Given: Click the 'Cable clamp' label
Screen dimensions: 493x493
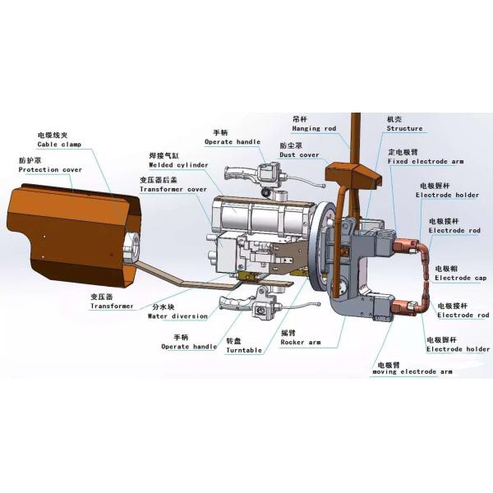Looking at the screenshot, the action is (x=59, y=145).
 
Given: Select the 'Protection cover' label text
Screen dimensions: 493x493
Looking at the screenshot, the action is (x=50, y=170).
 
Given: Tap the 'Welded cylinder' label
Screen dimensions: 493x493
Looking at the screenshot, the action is (x=178, y=165).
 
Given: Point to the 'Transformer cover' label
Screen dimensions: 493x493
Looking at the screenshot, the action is (x=173, y=189).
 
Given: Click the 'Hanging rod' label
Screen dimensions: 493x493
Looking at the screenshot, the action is (x=314, y=129).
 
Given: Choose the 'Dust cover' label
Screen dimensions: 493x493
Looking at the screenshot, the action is (x=299, y=155).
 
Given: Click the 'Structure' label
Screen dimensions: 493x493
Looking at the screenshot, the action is (x=404, y=128).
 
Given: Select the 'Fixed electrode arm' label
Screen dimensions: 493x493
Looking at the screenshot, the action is (x=426, y=161).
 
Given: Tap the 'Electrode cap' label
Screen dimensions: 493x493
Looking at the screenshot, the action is (x=461, y=278).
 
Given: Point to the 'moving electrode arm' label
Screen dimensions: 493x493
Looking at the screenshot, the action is (x=412, y=371).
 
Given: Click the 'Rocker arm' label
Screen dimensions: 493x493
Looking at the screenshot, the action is (x=301, y=342).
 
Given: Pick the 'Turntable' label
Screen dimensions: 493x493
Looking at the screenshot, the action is (x=244, y=350).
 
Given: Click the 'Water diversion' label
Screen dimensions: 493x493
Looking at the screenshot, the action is (x=177, y=316).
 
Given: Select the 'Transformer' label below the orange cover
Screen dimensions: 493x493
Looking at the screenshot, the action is (x=112, y=306).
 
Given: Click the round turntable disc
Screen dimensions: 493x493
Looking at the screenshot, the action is (x=320, y=245).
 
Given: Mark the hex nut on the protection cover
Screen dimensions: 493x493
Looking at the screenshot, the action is (x=131, y=246).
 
